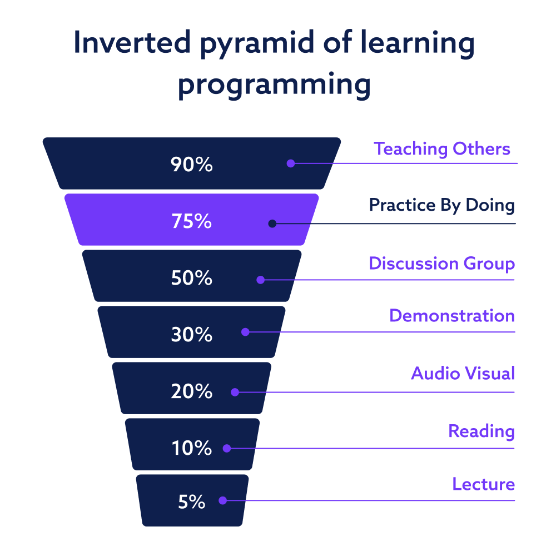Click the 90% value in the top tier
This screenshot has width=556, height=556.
point(191,165)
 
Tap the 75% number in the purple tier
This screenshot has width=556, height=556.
point(191,221)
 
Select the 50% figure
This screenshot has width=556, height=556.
point(191,277)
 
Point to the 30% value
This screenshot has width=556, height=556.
point(191,334)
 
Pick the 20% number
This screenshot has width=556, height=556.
point(191,391)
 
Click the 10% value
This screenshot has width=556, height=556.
point(191,448)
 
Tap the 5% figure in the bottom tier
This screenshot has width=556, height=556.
point(191,502)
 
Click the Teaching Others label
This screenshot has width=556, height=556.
point(442,148)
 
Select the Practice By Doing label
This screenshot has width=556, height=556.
point(442,205)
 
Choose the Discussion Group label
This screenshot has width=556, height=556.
point(442,264)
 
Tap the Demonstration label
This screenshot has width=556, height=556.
point(452,316)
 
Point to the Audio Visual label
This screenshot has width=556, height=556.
point(463,374)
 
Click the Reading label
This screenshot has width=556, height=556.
point(481,431)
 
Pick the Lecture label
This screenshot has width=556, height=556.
point(484,484)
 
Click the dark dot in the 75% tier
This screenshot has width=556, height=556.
point(272,224)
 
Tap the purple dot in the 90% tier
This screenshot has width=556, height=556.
point(291,163)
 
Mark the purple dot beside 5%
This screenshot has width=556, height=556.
point(223,500)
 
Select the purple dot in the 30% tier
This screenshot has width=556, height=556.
point(245,332)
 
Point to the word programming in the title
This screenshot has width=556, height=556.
point(274,85)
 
